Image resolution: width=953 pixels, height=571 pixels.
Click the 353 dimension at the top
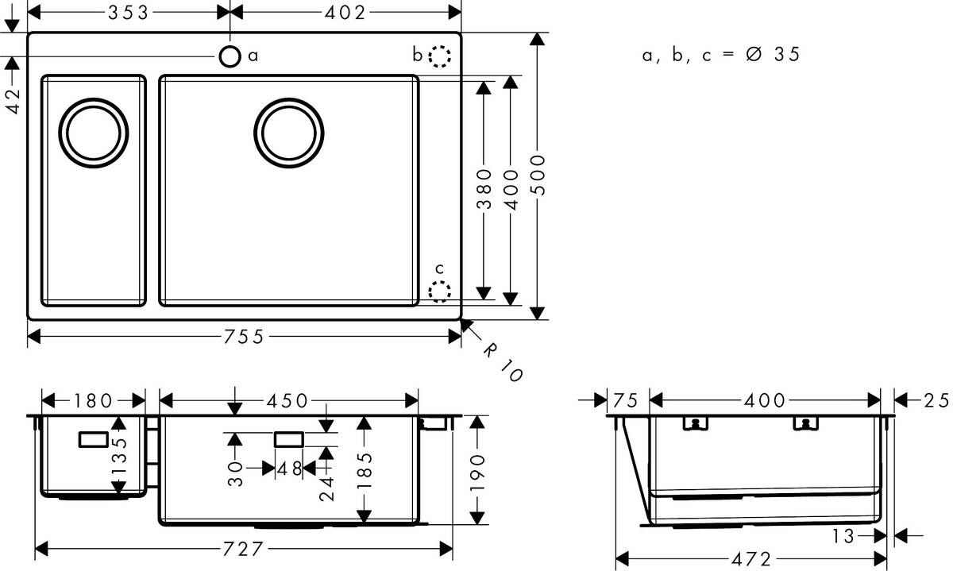tap(128, 13)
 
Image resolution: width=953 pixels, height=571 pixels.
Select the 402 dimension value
tap(345, 13)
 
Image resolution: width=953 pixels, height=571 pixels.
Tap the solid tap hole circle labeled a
tap(230, 56)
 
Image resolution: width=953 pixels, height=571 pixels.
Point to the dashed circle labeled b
tap(439, 56)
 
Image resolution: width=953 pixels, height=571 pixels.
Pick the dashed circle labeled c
tap(439, 291)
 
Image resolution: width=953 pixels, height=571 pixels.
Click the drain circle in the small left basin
tap(95, 133)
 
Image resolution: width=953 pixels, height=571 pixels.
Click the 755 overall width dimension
tap(243, 337)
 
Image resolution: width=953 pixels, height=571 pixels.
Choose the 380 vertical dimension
tap(484, 188)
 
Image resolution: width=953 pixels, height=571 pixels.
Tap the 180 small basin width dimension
tap(93, 399)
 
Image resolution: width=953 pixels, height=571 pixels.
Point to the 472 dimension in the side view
tap(751, 559)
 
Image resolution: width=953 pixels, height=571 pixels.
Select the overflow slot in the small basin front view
tap(95, 438)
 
